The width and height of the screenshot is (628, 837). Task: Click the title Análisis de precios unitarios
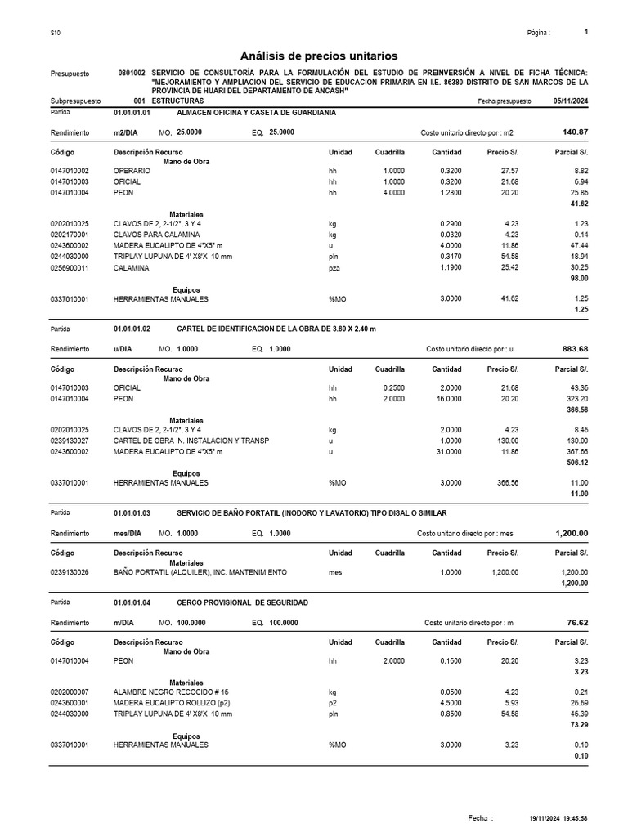point(318,56)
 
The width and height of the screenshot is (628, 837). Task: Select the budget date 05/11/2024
point(570,101)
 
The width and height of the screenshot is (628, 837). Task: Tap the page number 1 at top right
point(586,32)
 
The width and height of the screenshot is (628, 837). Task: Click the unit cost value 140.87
point(576,132)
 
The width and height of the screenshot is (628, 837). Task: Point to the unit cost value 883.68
point(576,349)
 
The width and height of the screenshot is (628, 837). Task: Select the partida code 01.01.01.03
point(132,512)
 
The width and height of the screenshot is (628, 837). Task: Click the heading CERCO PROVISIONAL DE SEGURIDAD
point(242,602)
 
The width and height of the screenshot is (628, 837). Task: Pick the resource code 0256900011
point(70,267)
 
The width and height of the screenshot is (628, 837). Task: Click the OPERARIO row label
point(130,171)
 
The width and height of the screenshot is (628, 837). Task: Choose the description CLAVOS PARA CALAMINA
point(155,234)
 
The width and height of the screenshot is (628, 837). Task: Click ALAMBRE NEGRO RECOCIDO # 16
point(171,692)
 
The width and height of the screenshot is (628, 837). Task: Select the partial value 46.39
point(578,714)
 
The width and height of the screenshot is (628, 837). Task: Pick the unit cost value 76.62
point(577,623)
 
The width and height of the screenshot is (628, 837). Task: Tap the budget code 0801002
point(132,72)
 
